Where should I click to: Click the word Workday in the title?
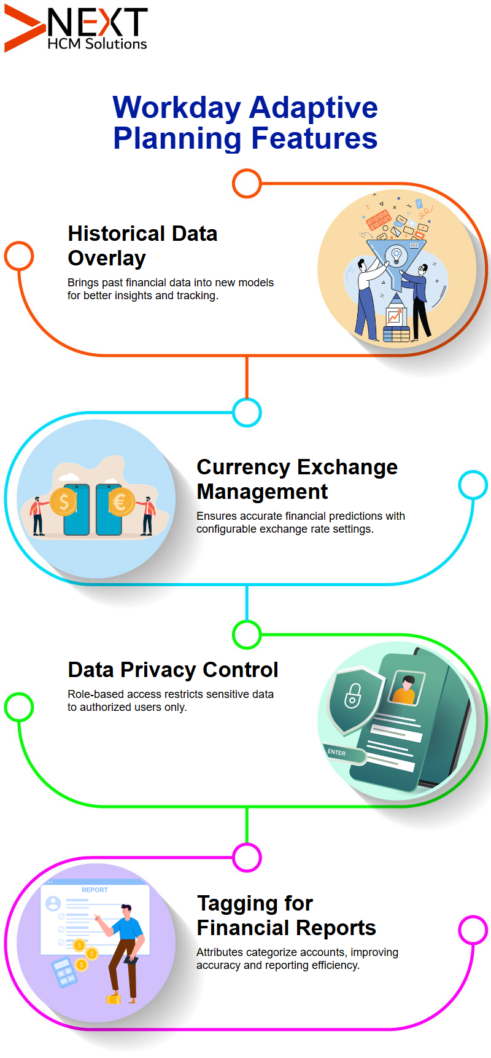click(x=177, y=108)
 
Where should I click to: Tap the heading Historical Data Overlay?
click(x=142, y=246)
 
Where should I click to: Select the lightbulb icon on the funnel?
click(x=396, y=254)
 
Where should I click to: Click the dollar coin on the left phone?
click(x=64, y=503)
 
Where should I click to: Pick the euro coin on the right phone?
click(x=121, y=503)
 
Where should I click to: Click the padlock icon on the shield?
click(x=352, y=696)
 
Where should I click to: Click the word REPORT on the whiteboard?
click(x=95, y=890)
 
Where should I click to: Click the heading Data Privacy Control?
click(x=173, y=670)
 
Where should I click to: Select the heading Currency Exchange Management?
click(x=297, y=479)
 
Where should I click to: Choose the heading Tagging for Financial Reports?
click(x=286, y=915)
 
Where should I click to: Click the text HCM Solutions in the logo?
click(x=97, y=44)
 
